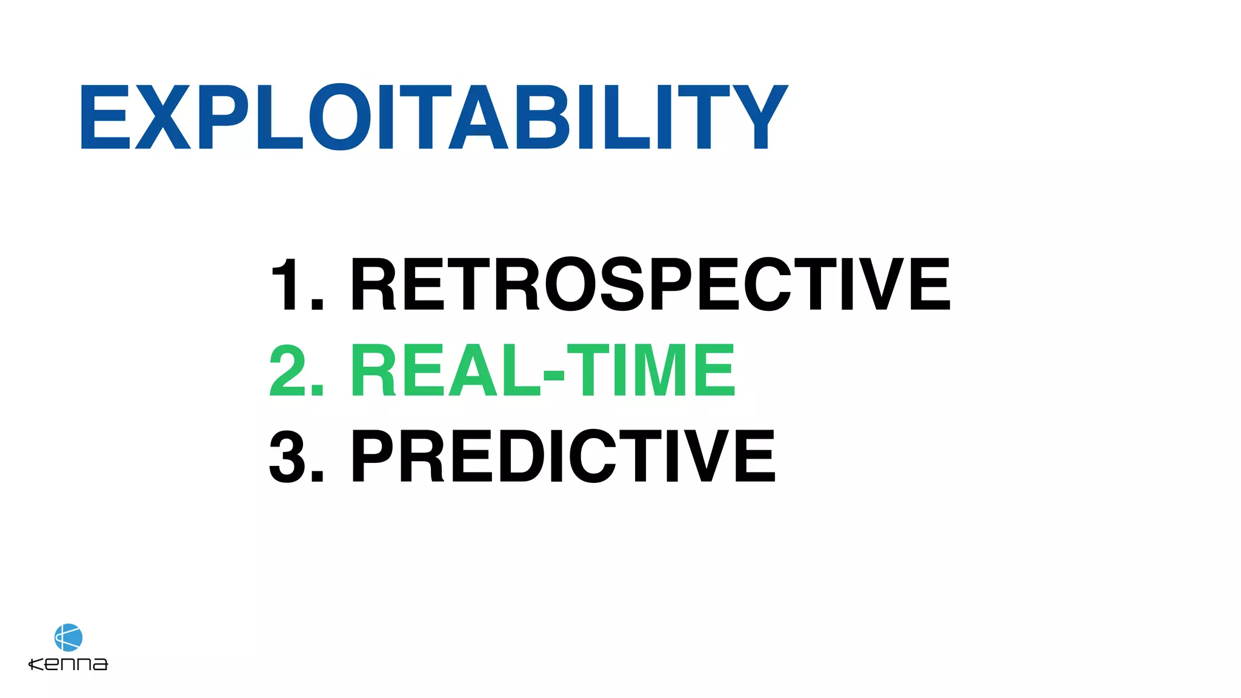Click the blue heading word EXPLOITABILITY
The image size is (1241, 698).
pos(433,117)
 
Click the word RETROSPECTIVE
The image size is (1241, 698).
pos(650,284)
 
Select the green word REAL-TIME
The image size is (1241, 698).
pos(542,370)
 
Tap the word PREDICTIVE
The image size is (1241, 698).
pos(563,456)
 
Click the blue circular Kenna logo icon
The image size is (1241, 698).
pos(68,637)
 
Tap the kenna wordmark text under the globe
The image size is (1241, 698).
pos(68,664)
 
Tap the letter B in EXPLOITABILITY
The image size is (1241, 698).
pos(542,117)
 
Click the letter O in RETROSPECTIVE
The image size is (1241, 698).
pos(570,284)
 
